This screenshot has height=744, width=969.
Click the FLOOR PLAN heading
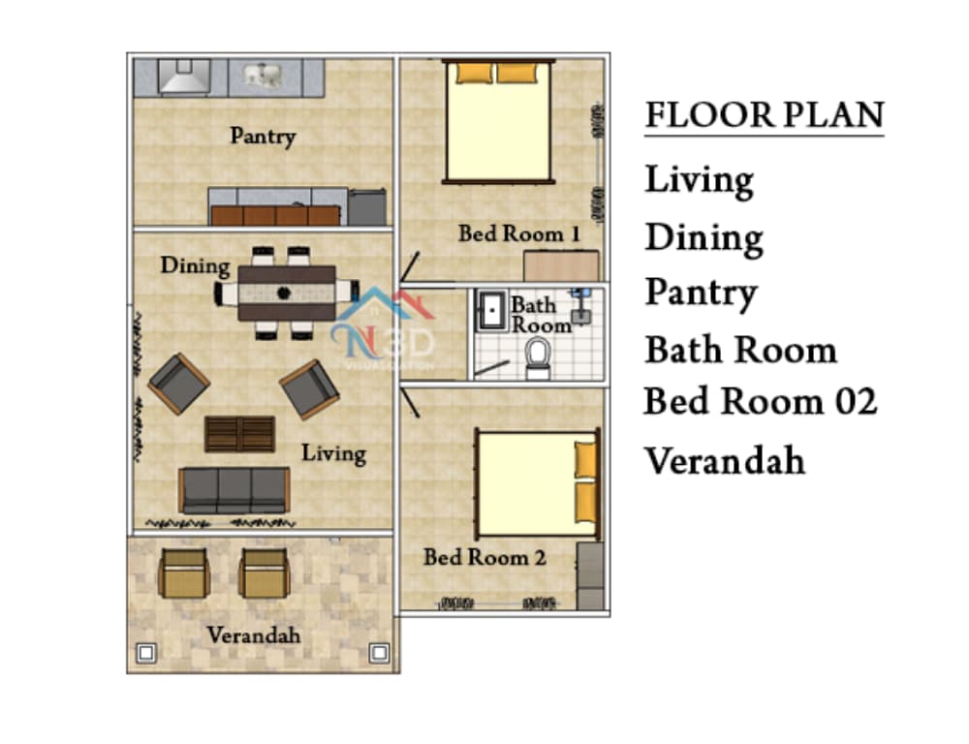point(765,115)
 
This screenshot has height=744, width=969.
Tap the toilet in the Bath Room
point(538,359)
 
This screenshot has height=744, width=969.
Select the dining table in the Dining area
point(287,293)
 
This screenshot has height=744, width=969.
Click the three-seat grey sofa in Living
point(234,490)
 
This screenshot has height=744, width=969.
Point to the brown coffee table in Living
point(239,434)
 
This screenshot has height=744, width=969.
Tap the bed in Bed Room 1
point(498,121)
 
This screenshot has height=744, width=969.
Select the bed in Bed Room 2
point(538,483)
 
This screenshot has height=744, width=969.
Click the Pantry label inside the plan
point(263,136)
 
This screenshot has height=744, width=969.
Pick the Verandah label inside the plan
point(253,635)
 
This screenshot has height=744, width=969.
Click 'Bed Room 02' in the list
point(760,401)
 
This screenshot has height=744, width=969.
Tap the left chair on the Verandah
point(183,573)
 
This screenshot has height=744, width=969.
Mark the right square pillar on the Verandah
point(379,653)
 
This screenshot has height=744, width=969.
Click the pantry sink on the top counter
point(266,76)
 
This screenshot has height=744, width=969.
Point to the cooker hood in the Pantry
point(184,77)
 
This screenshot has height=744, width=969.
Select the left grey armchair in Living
point(179,383)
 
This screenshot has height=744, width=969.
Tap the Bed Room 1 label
point(519,233)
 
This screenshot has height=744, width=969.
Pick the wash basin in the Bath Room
point(491,309)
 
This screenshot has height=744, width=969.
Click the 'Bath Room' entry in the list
point(740,350)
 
